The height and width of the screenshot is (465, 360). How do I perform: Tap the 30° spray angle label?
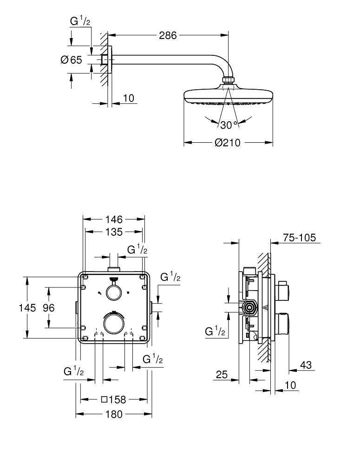pos(229,125)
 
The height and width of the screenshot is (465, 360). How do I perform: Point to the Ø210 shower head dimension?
pos(228,143)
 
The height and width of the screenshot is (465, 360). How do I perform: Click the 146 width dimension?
pos(113,219)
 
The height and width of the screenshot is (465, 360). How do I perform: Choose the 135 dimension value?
pos(113,232)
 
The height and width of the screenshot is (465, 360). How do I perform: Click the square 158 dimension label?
pos(114,399)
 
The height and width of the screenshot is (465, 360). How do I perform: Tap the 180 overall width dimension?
pos(114,414)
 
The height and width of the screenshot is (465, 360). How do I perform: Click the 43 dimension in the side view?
pos(306,365)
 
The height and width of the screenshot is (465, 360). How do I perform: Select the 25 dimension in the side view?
pos(222,375)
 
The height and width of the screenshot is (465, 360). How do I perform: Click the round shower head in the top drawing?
pos(228,95)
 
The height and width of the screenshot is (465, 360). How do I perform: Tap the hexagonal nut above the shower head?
pos(228,81)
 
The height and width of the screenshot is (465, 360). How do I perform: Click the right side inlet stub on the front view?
pos(151,307)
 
